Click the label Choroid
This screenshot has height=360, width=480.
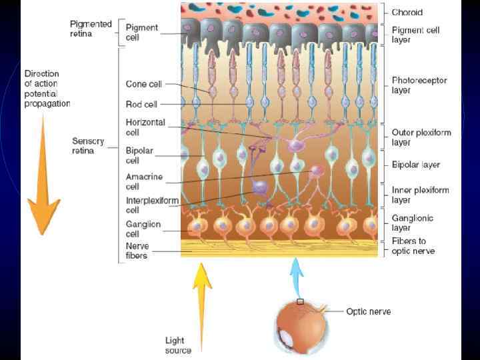click(407, 12)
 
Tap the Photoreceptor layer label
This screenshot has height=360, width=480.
click(419, 85)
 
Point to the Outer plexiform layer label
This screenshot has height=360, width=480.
click(421, 137)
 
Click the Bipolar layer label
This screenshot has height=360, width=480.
click(416, 165)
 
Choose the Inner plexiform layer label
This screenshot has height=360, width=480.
click(421, 195)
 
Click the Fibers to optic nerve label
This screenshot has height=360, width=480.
click(413, 246)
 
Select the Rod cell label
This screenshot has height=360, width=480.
click(141, 104)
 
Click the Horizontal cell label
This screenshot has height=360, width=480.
click(145, 127)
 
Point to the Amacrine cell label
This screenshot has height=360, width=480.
click(143, 181)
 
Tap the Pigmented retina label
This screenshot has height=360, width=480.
click(91, 29)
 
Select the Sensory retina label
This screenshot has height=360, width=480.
click(88, 145)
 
